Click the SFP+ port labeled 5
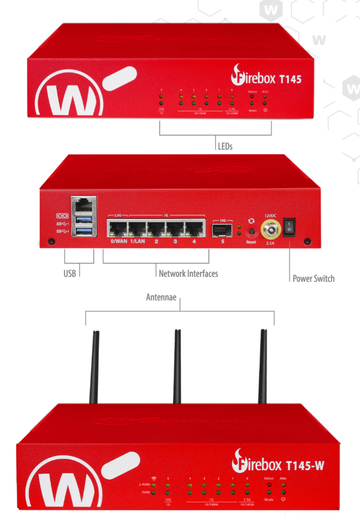pos(222,229)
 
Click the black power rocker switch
pos(290,227)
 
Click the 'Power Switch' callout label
pos(313,278)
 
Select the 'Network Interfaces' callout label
pos(188,273)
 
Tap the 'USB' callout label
pos(69,273)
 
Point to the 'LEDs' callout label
pos(225,146)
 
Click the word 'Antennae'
pos(161,297)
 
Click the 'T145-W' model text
pos(305,465)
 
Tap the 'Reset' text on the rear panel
pos(251,242)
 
